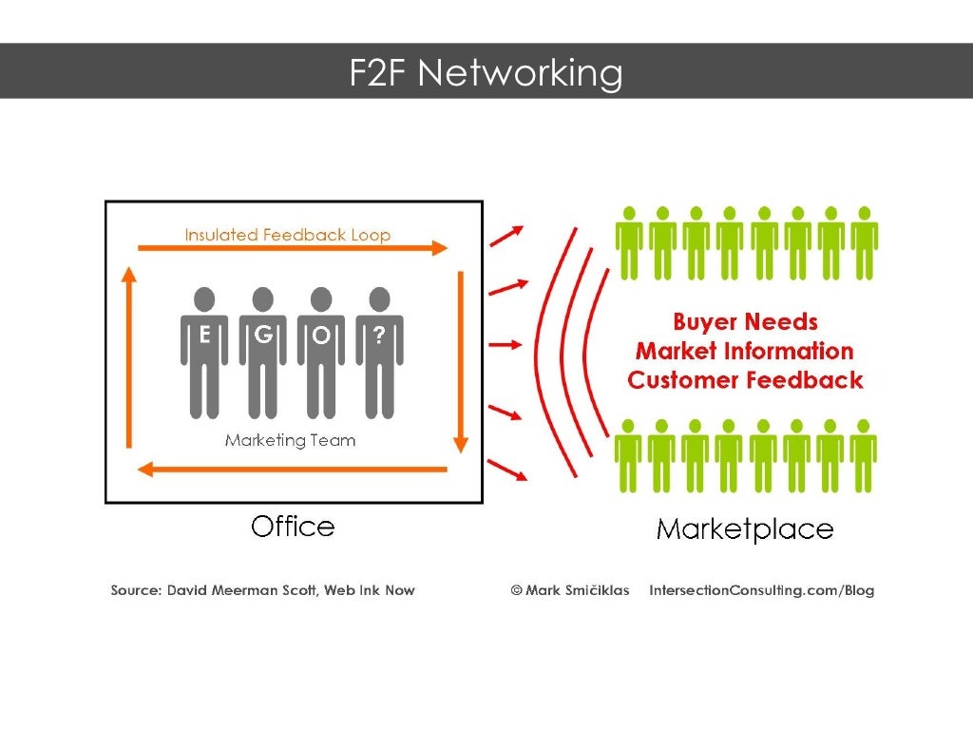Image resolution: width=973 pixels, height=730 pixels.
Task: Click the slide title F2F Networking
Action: click(486, 72)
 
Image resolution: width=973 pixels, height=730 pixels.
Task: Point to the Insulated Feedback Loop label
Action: click(287, 235)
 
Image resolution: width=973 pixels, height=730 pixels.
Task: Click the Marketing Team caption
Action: click(290, 440)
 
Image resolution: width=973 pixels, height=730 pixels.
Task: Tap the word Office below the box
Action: click(293, 527)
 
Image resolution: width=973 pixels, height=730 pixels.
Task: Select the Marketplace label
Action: click(745, 529)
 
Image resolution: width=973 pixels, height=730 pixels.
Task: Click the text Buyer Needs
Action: click(745, 322)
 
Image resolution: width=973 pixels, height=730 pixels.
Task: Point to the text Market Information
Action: click(745, 352)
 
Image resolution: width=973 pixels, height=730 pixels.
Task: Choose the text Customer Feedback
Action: click(745, 381)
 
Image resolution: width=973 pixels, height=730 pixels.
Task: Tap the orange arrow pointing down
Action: click(461, 361)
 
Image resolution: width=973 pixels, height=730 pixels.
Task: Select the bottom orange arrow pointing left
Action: click(292, 469)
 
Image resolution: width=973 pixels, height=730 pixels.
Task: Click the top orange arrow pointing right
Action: click(292, 248)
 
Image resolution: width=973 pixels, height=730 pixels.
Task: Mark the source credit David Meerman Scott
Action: click(262, 590)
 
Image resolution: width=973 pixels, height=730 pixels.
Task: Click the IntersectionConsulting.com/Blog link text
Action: click(761, 590)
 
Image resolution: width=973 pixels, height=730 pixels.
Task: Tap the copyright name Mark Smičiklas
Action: click(570, 590)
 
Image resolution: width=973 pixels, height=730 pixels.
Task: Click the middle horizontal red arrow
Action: click(506, 345)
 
